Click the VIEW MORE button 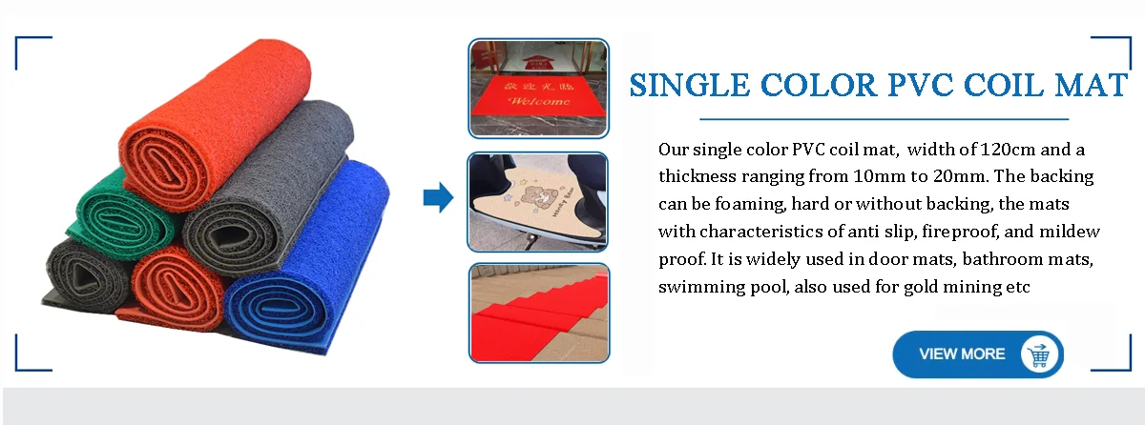point(978,354)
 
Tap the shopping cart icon point(1039,354)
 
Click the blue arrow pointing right point(438,197)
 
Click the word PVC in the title point(920,85)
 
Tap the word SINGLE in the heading point(689,85)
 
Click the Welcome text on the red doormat point(539,101)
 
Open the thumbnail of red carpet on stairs point(539,313)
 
